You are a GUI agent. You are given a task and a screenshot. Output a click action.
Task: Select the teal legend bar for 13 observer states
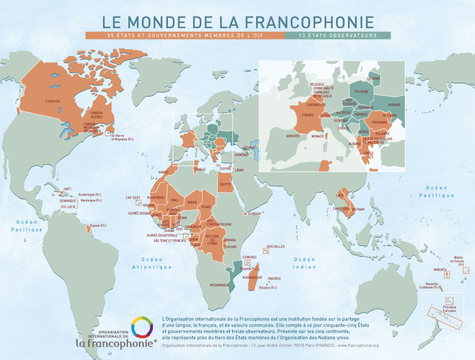[x=338, y=36]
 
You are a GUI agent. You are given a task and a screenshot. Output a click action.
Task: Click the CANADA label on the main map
[x=53, y=101]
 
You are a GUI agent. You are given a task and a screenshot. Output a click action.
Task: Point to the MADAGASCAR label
[x=252, y=278]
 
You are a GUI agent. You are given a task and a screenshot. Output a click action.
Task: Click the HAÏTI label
[x=67, y=189]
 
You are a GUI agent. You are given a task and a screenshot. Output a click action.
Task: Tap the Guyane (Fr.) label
[x=98, y=225]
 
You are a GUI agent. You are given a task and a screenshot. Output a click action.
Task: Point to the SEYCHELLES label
[x=276, y=246]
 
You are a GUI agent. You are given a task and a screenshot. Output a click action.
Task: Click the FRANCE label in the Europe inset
[x=308, y=115]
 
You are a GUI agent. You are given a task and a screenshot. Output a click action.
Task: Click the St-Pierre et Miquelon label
[x=122, y=137]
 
